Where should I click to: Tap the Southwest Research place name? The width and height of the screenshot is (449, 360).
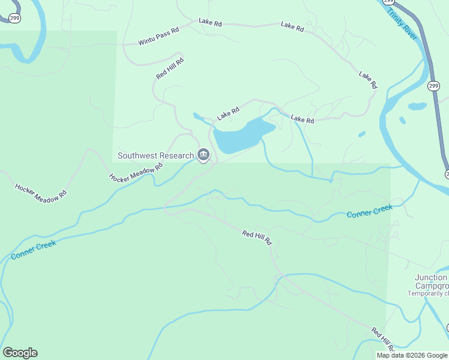[x=155, y=155]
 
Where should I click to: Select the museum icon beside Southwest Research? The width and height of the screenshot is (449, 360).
[x=203, y=156]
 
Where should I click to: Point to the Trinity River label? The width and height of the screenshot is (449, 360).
[x=402, y=24]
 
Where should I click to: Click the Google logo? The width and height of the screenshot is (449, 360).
[x=20, y=353]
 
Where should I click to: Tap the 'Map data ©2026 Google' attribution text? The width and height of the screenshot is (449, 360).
[x=412, y=355]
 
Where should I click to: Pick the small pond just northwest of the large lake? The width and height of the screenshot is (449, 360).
[x=197, y=116]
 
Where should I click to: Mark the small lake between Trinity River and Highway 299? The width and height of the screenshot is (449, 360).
[x=417, y=107]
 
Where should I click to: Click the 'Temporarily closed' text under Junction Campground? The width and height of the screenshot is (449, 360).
[x=428, y=293]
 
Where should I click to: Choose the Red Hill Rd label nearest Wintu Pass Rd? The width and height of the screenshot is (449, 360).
[x=170, y=68]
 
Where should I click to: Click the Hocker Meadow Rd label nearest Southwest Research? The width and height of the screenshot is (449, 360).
[x=136, y=172]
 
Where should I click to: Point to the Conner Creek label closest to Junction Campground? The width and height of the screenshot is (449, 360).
[x=370, y=211]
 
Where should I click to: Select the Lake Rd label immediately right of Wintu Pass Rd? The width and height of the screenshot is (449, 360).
[x=210, y=23]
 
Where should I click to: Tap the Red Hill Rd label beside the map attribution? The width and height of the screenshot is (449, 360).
[x=382, y=339]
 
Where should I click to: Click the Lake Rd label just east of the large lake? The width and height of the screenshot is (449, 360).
[x=303, y=120]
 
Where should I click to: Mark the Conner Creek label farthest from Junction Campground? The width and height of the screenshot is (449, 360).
[x=34, y=250]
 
